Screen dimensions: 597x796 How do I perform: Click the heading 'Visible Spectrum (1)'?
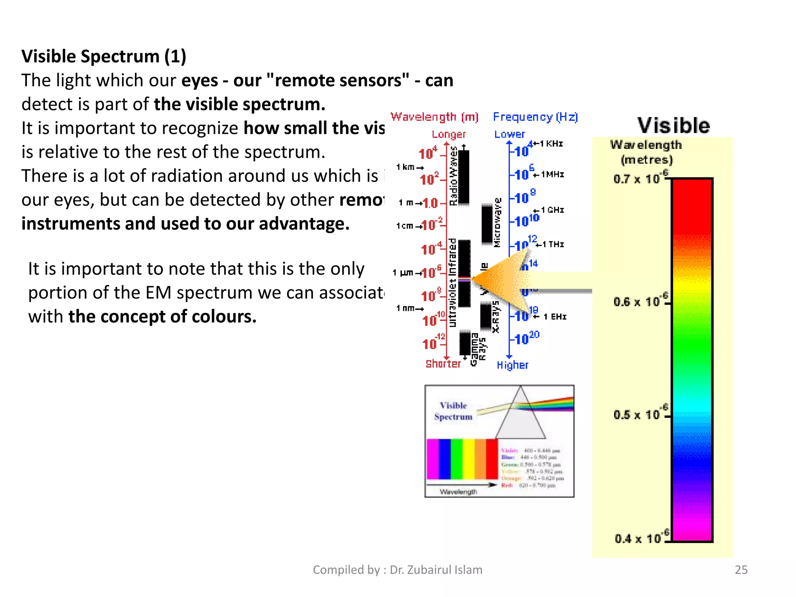click(x=104, y=56)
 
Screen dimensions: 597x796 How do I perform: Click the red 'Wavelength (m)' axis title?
click(x=435, y=117)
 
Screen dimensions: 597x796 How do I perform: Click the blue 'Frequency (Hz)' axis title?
click(x=535, y=117)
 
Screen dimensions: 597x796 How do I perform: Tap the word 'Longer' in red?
click(x=449, y=134)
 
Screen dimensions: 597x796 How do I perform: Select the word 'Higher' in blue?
click(x=512, y=365)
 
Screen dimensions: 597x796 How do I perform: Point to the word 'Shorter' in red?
click(x=443, y=364)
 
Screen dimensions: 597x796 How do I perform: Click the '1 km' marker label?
click(x=406, y=167)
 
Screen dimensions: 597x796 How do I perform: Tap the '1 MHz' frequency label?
click(x=552, y=175)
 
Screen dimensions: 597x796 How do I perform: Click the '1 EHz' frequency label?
click(x=555, y=317)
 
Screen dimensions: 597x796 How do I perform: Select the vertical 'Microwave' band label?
click(x=497, y=222)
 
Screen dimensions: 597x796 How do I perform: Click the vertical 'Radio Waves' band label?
click(x=453, y=176)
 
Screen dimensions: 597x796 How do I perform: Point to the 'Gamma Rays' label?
click(x=478, y=349)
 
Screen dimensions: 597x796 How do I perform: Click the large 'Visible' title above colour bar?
click(x=674, y=126)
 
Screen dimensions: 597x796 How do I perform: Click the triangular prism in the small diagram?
click(x=520, y=420)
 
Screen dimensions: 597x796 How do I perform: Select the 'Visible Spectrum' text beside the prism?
click(x=453, y=411)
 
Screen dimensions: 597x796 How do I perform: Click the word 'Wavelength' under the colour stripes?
click(x=458, y=492)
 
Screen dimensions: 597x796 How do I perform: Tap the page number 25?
click(x=741, y=569)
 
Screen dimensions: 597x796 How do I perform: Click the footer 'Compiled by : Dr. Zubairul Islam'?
click(x=397, y=569)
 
